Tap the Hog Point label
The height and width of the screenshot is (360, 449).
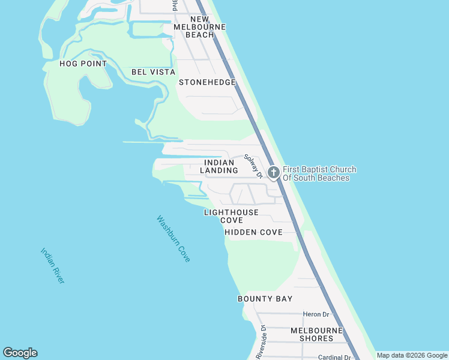pyautogui.click(x=83, y=64)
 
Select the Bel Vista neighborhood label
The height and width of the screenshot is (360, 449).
pyautogui.click(x=153, y=72)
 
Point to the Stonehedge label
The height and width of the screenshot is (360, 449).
pyautogui.click(x=207, y=82)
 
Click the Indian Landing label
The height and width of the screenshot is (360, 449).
pyautogui.click(x=219, y=166)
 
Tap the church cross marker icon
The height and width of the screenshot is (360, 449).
pyautogui.click(x=273, y=173)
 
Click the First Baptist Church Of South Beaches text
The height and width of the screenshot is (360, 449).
pyautogui.click(x=319, y=173)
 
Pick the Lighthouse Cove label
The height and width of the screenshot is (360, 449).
pyautogui.click(x=231, y=216)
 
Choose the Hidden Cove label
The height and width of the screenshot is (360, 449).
pyautogui.click(x=253, y=232)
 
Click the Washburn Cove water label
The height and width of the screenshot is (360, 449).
pyautogui.click(x=173, y=238)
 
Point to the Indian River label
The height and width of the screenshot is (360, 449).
pyautogui.click(x=53, y=266)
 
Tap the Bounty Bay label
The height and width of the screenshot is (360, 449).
pyautogui.click(x=265, y=299)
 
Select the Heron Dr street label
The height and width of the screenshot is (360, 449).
pyautogui.click(x=316, y=314)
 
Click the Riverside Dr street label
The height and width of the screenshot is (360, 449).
pyautogui.click(x=261, y=343)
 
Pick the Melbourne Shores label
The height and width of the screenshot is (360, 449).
pyautogui.click(x=316, y=335)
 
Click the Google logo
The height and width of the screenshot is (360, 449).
pyautogui.click(x=20, y=353)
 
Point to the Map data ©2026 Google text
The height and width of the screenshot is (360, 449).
pyautogui.click(x=412, y=355)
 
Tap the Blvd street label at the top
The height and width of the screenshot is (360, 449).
pyautogui.click(x=175, y=5)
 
